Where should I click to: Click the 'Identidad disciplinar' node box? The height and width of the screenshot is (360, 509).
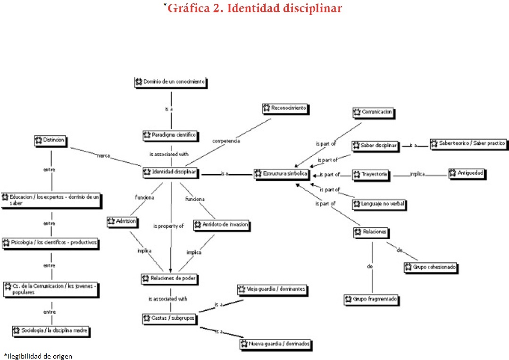click(x=170, y=172)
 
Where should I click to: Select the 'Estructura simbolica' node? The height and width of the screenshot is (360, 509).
click(x=281, y=174)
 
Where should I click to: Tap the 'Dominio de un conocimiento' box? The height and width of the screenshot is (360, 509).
click(x=170, y=82)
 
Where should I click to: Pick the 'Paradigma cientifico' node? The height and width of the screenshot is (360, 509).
click(x=170, y=135)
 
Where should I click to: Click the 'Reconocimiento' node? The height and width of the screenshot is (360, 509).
click(x=285, y=108)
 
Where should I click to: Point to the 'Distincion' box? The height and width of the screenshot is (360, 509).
click(x=50, y=141)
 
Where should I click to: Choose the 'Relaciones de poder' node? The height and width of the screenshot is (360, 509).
click(x=169, y=279)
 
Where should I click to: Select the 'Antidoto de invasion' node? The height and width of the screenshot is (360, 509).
click(x=221, y=225)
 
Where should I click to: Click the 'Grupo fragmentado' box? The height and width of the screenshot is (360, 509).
click(x=371, y=299)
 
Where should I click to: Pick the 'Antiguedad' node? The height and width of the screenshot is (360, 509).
click(x=467, y=173)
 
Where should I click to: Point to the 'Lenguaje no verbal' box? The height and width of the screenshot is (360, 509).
click(x=379, y=204)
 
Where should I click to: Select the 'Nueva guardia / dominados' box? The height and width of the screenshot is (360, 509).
click(x=276, y=344)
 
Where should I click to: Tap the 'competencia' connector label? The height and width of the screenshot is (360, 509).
click(x=226, y=141)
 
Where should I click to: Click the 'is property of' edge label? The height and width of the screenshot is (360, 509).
click(x=168, y=226)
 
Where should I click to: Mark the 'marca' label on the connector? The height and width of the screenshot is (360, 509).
click(x=103, y=155)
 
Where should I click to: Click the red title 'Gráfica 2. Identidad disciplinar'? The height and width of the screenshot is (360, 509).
click(x=254, y=8)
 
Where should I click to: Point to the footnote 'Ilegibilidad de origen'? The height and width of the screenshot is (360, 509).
click(x=39, y=356)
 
